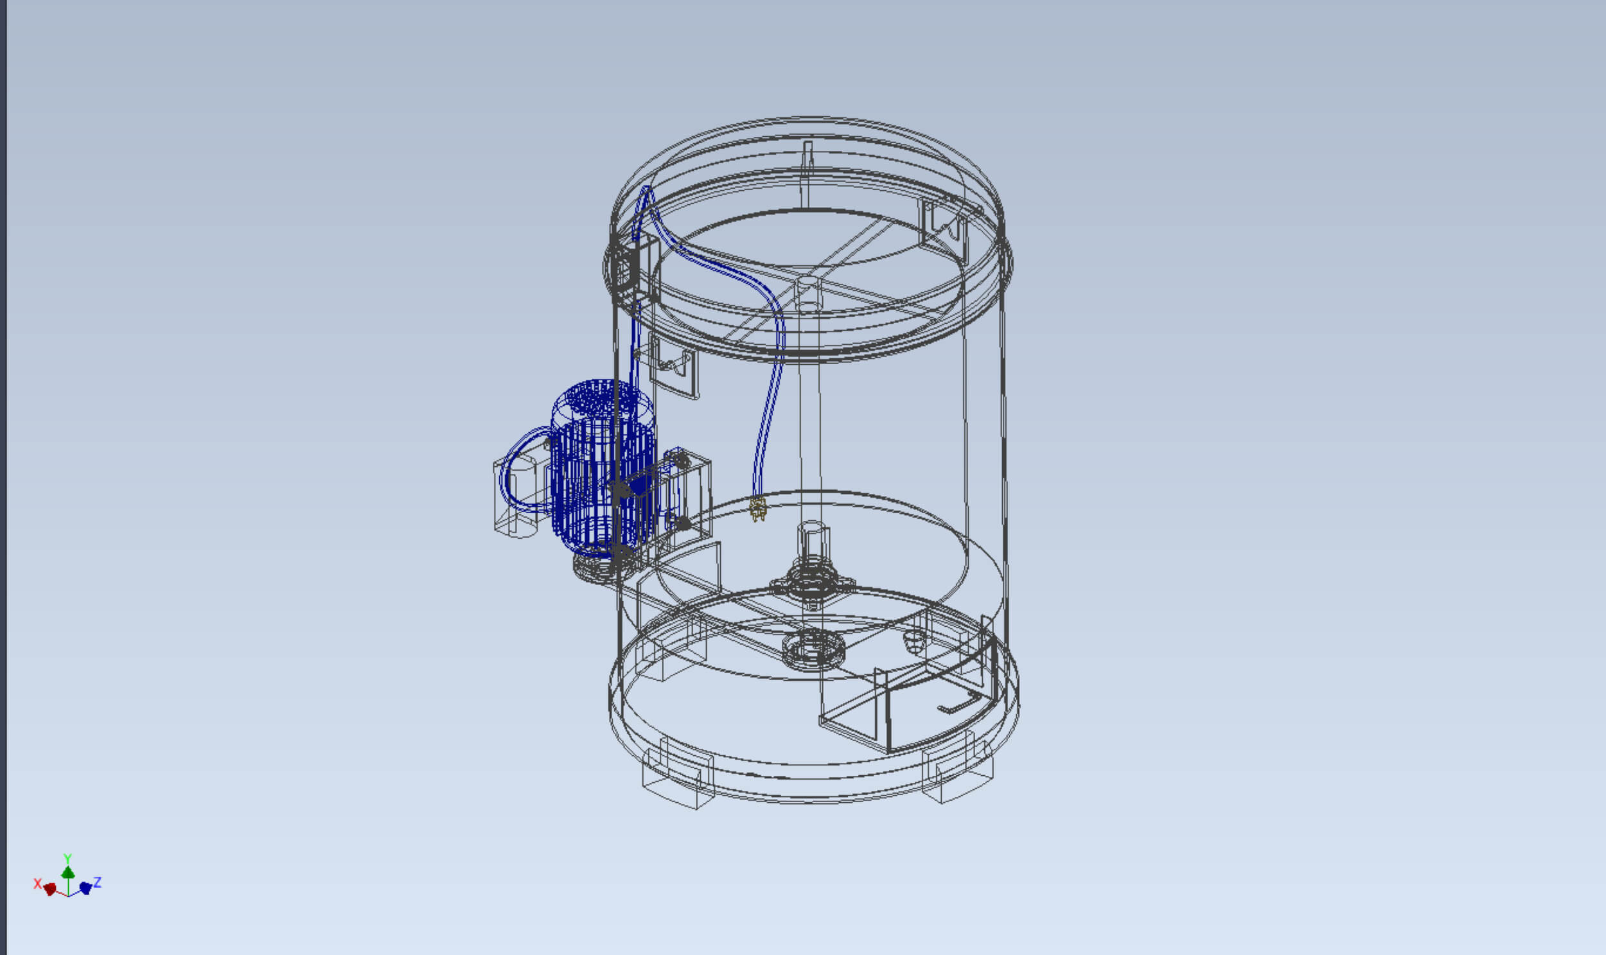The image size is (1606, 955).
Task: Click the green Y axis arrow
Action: pos(67,872)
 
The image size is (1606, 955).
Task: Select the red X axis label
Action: pos(37,884)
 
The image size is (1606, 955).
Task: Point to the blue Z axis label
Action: pos(97,882)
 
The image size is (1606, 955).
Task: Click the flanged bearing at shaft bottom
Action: pos(813,583)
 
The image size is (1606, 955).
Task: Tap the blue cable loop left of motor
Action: pos(512,469)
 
